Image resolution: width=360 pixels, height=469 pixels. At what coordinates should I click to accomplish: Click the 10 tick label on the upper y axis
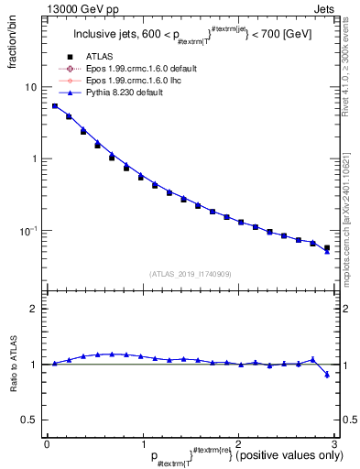[x=31, y=87]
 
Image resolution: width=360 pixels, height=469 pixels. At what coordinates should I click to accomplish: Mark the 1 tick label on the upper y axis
[x=34, y=158]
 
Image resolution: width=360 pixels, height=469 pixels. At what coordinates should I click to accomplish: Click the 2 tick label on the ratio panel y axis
[x=34, y=310]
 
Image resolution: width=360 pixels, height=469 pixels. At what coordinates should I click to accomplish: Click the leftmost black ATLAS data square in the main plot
[x=55, y=106]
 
